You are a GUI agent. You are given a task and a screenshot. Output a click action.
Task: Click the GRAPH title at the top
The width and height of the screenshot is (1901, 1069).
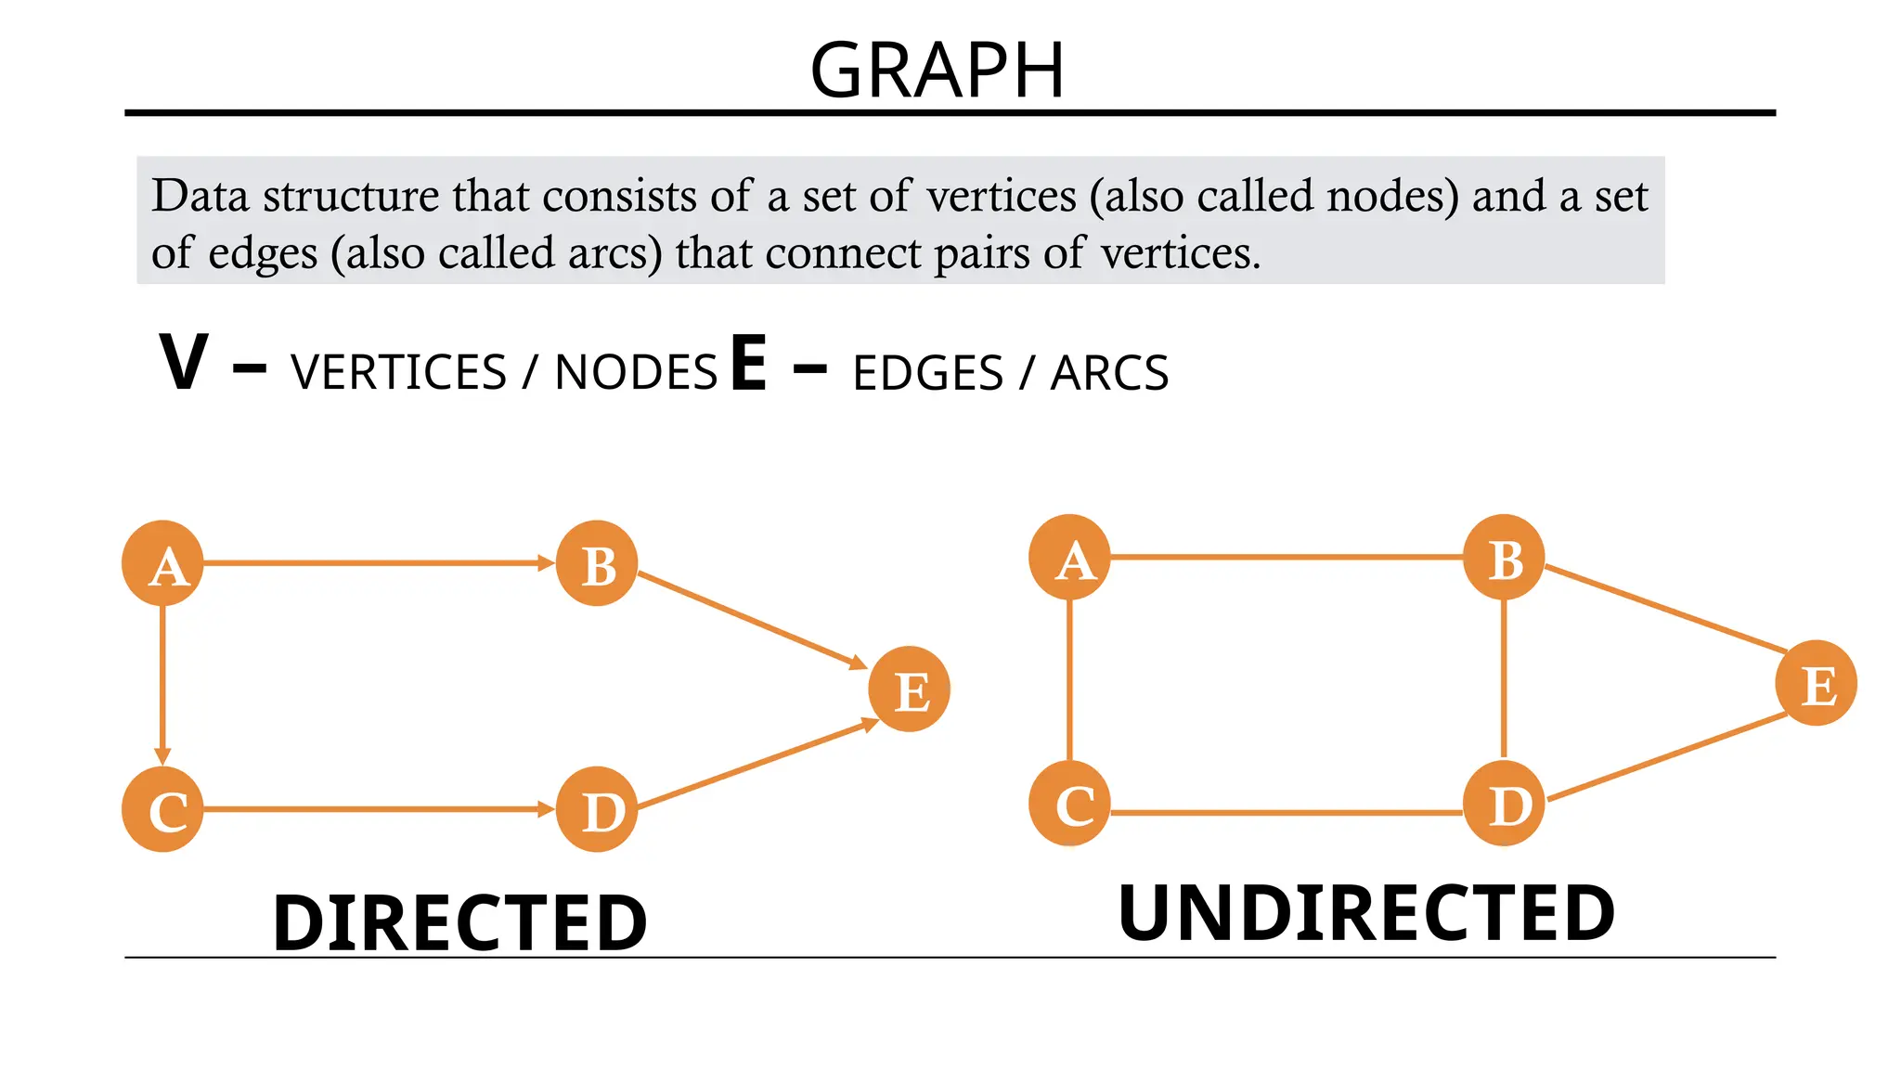pyautogui.click(x=938, y=71)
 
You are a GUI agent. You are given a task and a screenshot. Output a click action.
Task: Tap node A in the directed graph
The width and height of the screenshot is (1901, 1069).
pyautogui.click(x=163, y=563)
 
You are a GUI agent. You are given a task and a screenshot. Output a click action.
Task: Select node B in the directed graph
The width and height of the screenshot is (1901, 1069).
pyautogui.click(x=597, y=563)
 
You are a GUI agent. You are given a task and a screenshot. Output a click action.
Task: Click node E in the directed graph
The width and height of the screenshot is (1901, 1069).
pyautogui.click(x=909, y=689)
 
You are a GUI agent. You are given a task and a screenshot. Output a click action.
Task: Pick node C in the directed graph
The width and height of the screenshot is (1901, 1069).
pyautogui.click(x=163, y=809)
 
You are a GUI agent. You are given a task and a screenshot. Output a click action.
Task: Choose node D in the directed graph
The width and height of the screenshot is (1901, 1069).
pyautogui.click(x=597, y=809)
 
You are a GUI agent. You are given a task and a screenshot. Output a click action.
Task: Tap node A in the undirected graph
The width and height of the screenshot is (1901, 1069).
pyautogui.click(x=1070, y=558)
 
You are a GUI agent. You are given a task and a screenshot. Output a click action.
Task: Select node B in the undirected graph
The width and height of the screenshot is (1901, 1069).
pyautogui.click(x=1504, y=558)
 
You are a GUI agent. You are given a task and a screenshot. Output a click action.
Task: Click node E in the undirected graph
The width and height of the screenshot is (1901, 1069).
pyautogui.click(x=1816, y=684)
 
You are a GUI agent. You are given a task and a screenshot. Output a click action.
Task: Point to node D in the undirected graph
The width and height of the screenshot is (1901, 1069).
pyautogui.click(x=1504, y=804)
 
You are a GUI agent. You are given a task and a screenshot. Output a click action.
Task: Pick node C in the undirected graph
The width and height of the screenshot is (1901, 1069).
pyautogui.click(x=1070, y=804)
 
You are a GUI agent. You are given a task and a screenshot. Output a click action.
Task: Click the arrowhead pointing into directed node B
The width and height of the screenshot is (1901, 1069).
pyautogui.click(x=546, y=563)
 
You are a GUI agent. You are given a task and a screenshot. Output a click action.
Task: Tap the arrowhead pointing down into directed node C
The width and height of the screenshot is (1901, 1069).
pyautogui.click(x=163, y=756)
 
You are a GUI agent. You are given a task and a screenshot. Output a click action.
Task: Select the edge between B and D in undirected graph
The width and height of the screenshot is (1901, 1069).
pyautogui.click(x=1504, y=680)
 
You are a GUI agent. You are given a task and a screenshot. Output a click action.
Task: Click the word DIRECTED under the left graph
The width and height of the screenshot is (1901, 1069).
pyautogui.click(x=459, y=923)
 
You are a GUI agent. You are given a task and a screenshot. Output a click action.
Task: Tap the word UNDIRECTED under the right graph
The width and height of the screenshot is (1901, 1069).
pyautogui.click(x=1366, y=914)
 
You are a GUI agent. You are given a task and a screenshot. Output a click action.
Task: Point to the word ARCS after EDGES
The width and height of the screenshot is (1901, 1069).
pyautogui.click(x=1109, y=373)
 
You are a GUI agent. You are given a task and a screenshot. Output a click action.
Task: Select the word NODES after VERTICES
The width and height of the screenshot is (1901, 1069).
pyautogui.click(x=636, y=373)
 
